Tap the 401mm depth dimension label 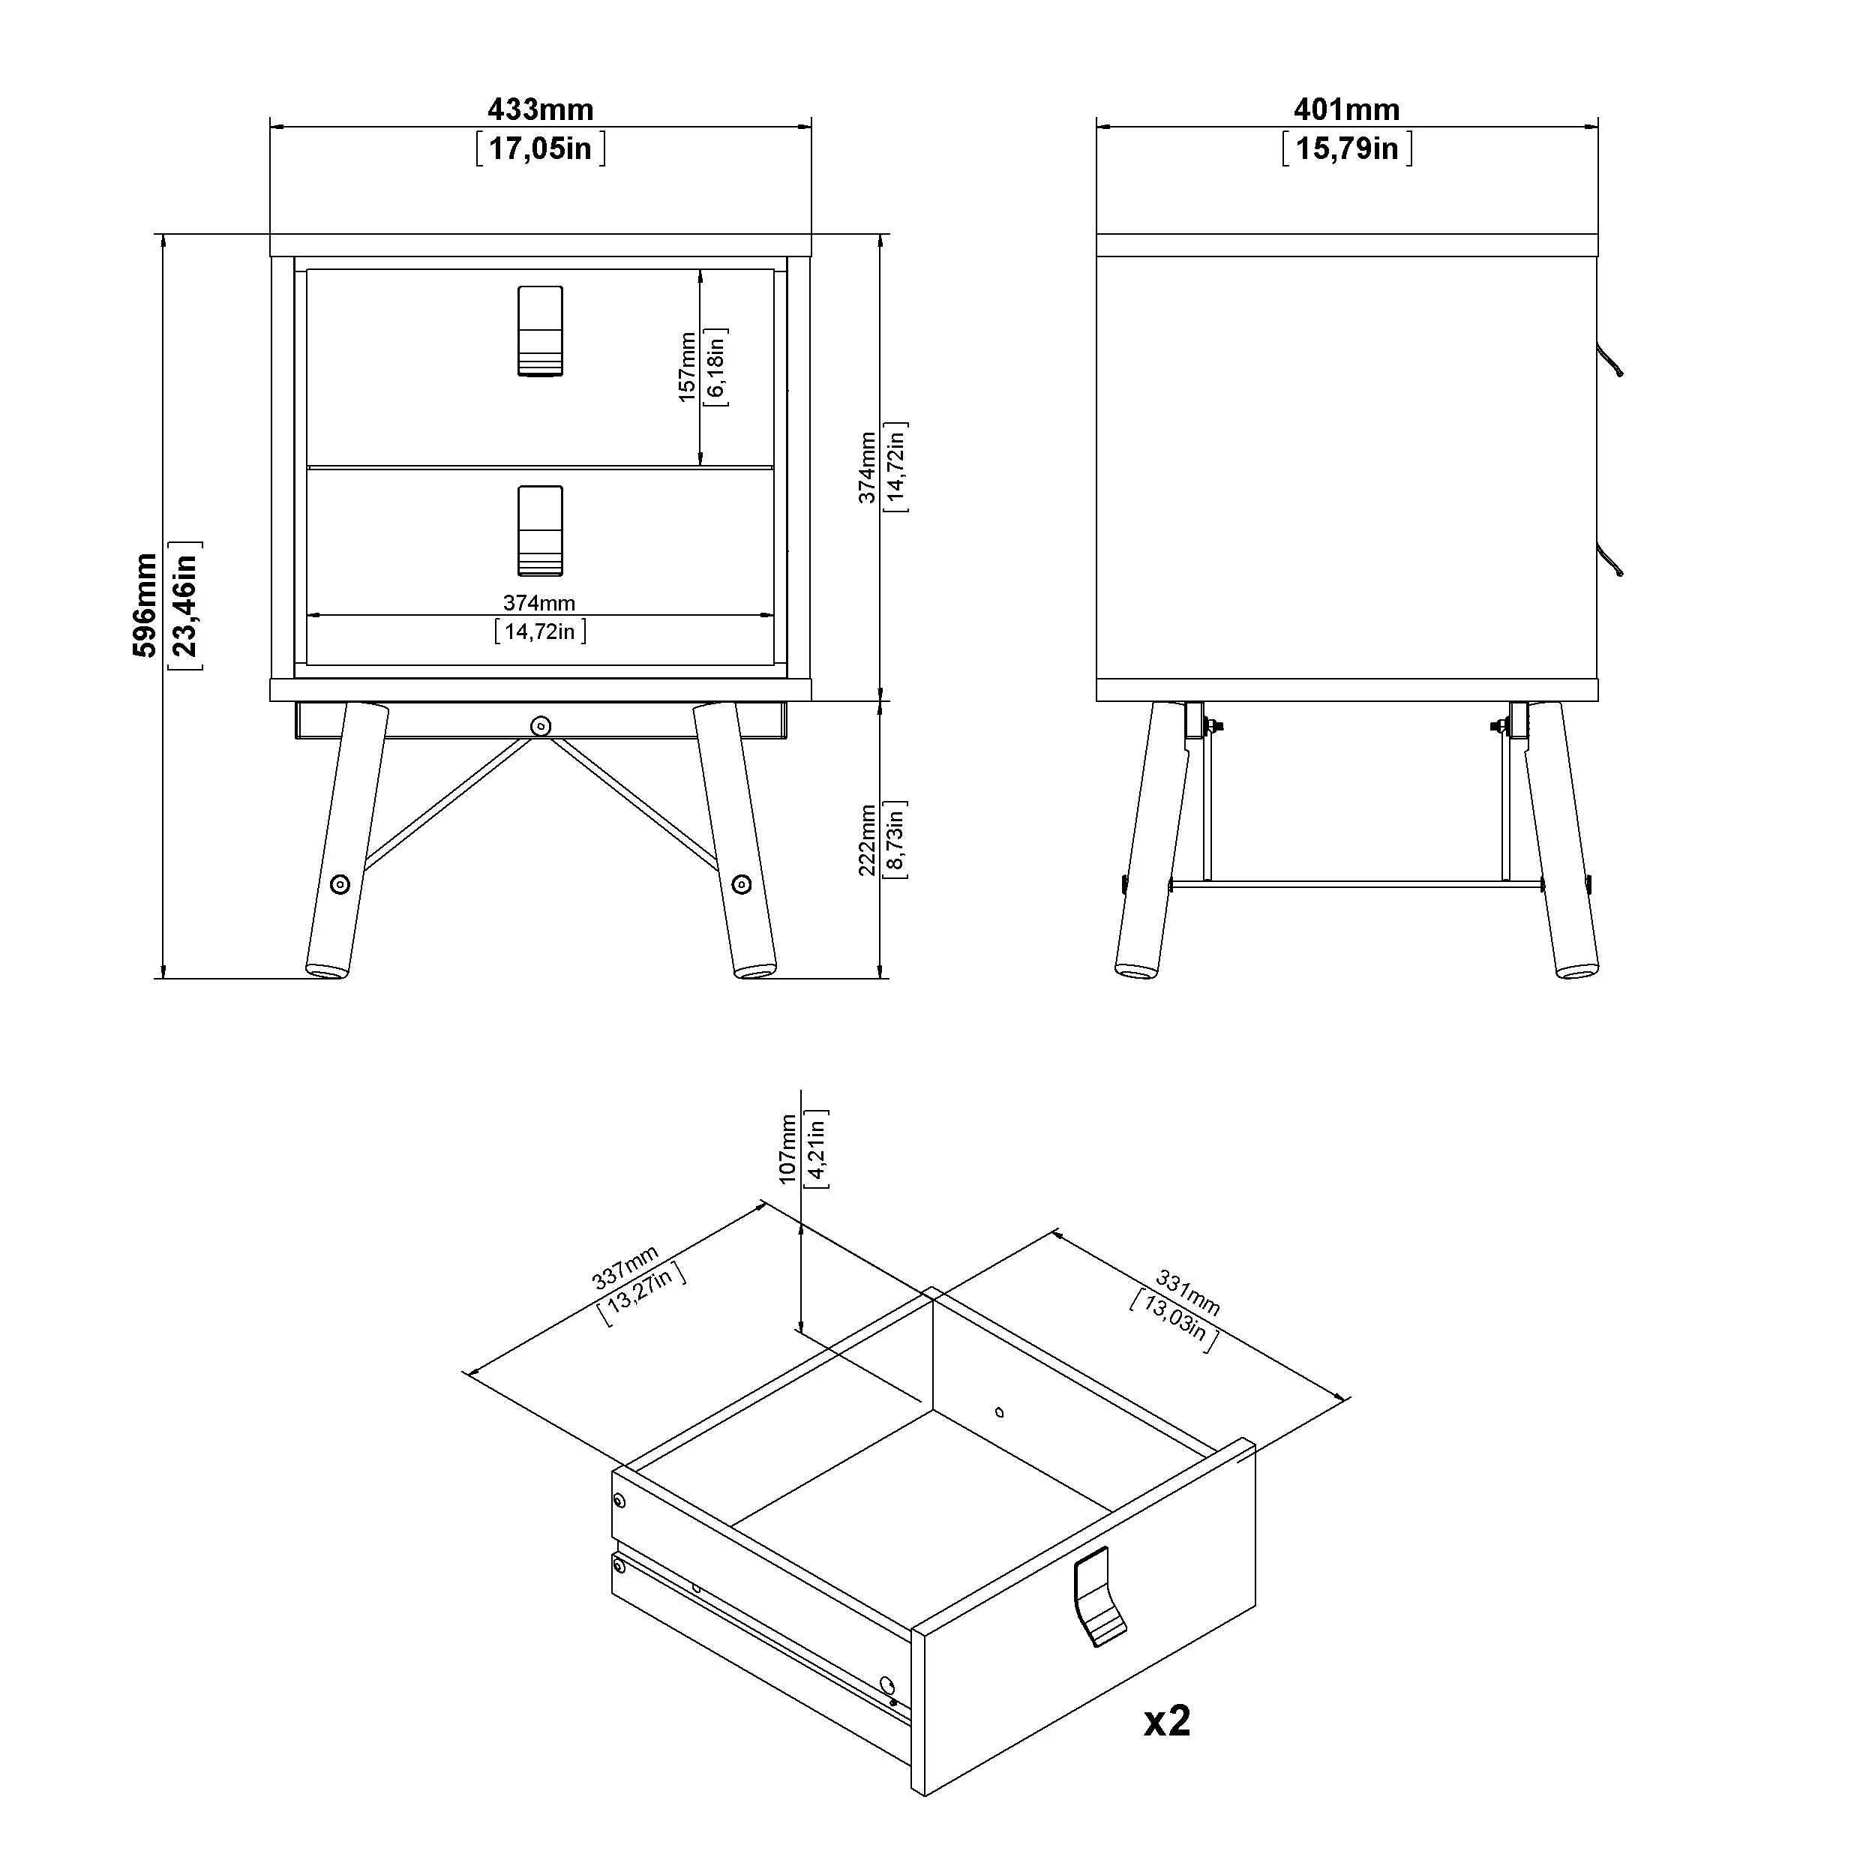pos(1347,109)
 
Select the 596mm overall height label pos(145,605)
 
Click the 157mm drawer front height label pos(687,367)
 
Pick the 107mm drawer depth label pos(788,1148)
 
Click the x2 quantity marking pos(1166,1720)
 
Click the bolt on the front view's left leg pos(340,884)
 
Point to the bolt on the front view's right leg pos(742,884)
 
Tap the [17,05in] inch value pos(541,148)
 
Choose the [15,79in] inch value pos(1347,148)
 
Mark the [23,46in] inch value pos(184,605)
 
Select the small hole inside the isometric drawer pos(1000,1412)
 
